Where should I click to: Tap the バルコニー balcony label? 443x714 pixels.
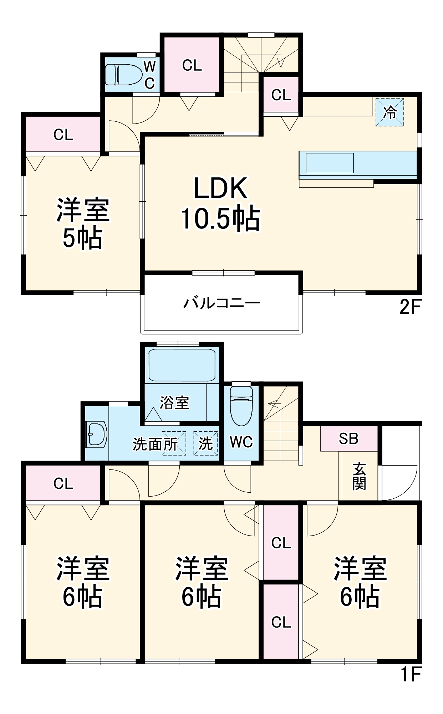[x=221, y=303]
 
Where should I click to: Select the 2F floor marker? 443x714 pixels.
[x=410, y=307]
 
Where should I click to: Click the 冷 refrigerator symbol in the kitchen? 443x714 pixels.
[x=389, y=112]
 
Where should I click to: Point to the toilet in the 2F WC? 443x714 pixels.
[x=123, y=75]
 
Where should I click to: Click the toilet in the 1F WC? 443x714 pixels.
[x=241, y=405]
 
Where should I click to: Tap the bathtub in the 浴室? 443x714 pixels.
[x=182, y=365]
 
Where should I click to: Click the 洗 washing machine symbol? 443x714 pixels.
[x=206, y=443]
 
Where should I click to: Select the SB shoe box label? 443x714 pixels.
[x=348, y=439]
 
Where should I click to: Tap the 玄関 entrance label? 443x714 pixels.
[x=359, y=476]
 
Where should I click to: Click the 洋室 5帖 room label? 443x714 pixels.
[x=83, y=223]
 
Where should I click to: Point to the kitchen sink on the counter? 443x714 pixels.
[x=330, y=163]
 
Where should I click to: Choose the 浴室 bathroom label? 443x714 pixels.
[x=174, y=403]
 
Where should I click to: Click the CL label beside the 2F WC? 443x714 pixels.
[x=192, y=65]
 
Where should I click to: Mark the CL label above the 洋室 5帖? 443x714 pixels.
[x=63, y=135]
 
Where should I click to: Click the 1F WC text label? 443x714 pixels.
[x=241, y=442]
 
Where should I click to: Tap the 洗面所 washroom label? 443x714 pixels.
[x=155, y=444]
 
